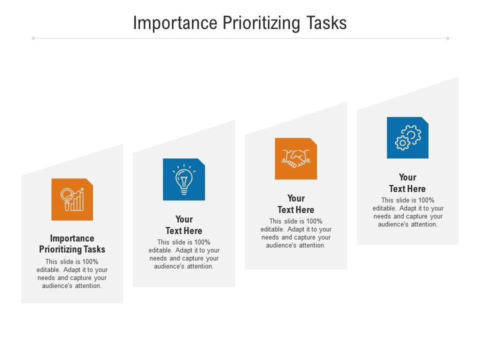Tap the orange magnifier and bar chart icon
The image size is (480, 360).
click(72, 199)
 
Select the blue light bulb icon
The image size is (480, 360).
click(184, 179)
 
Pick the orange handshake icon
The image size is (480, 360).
click(296, 158)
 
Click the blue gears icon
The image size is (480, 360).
click(407, 137)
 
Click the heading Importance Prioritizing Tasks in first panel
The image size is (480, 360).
click(72, 243)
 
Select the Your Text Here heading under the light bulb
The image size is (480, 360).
click(184, 225)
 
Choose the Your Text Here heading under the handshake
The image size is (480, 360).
click(296, 204)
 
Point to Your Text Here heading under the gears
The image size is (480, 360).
click(407, 183)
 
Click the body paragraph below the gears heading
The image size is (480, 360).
click(407, 212)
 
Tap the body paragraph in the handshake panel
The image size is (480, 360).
click(296, 233)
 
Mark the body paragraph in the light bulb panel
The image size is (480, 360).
click(184, 254)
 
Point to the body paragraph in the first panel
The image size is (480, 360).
click(72, 274)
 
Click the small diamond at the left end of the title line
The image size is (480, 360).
click(33, 38)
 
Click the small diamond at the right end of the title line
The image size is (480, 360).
click(447, 38)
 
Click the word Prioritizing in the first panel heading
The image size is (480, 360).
click(60, 249)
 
